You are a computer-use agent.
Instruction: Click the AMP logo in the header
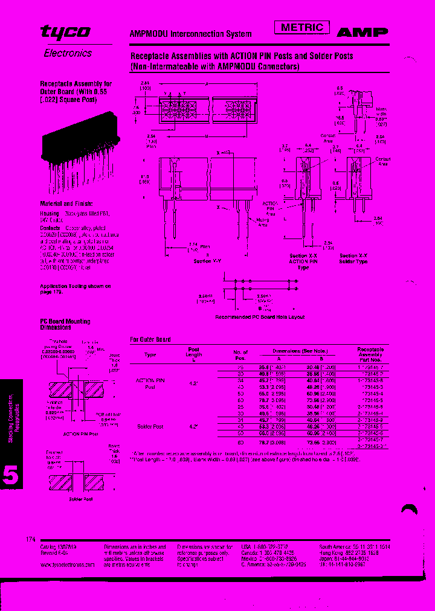(362, 33)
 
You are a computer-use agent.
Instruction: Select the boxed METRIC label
(302, 27)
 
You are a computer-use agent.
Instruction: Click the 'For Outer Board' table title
(150, 339)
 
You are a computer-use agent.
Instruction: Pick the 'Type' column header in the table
(150, 355)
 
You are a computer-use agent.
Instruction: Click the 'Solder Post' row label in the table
(150, 426)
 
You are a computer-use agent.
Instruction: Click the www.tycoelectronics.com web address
(68, 565)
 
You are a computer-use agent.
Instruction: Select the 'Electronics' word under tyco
(68, 53)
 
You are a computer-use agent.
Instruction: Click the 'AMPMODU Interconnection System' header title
(191, 34)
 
